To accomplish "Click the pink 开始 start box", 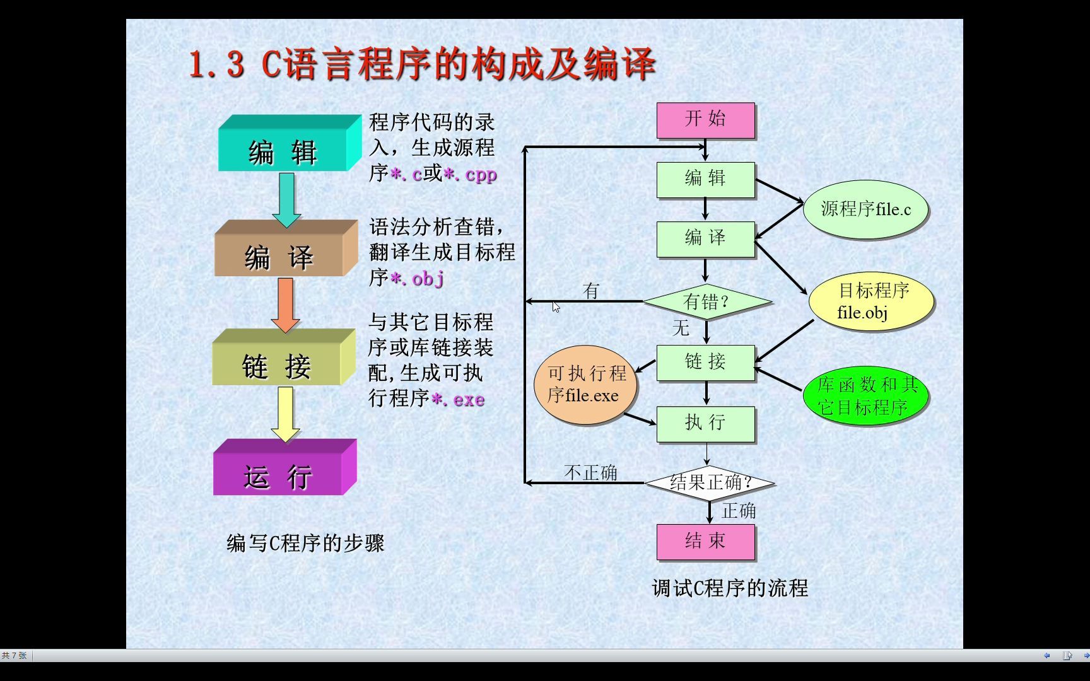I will pyautogui.click(x=705, y=120).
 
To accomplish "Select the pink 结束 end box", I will pyautogui.click(x=705, y=542).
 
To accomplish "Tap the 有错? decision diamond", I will pyautogui.click(x=707, y=302).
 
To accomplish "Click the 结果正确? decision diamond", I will pyautogui.click(x=710, y=483).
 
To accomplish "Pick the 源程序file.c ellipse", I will pyautogui.click(x=865, y=209).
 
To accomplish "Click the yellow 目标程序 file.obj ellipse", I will pyautogui.click(x=871, y=301).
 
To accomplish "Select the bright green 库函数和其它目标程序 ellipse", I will pyautogui.click(x=865, y=396).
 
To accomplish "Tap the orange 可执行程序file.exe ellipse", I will pyautogui.click(x=585, y=385).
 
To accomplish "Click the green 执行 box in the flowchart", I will pyautogui.click(x=705, y=423).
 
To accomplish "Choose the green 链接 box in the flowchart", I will pyautogui.click(x=705, y=362).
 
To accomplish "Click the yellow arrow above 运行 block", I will pyautogui.click(x=286, y=414).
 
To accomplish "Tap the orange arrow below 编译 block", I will pyautogui.click(x=285, y=304).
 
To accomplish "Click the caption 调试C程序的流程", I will pyautogui.click(x=730, y=588).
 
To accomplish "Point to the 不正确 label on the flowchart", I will pyautogui.click(x=590, y=473).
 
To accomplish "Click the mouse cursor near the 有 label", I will pyautogui.click(x=556, y=307).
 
